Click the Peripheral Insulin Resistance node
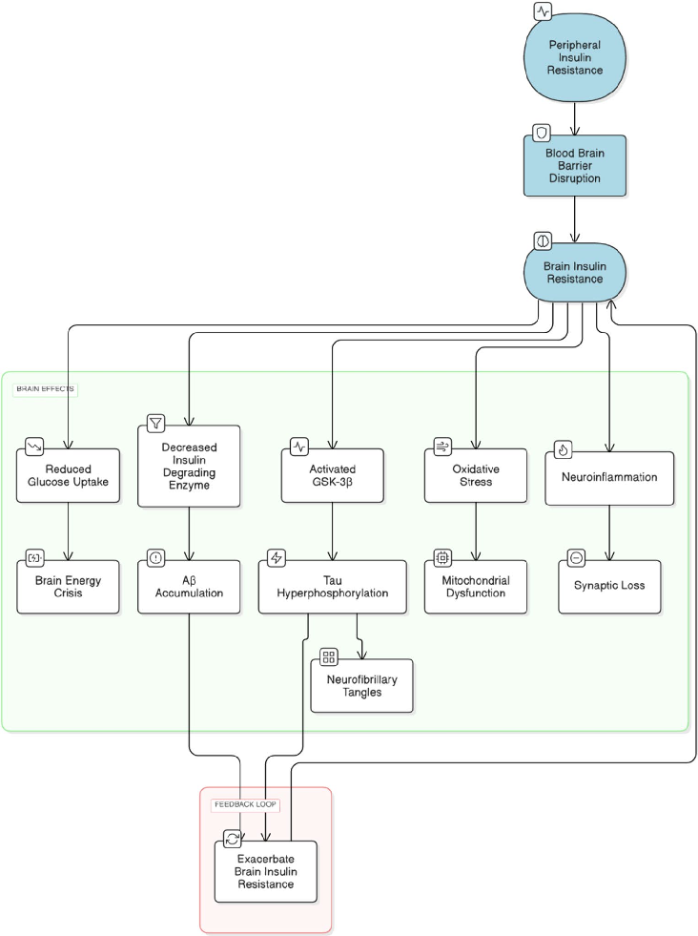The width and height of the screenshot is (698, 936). [x=575, y=58]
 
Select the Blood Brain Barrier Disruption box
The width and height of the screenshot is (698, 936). [x=574, y=165]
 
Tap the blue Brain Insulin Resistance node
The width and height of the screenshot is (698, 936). [x=574, y=272]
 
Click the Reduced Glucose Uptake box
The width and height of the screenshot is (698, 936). [x=68, y=475]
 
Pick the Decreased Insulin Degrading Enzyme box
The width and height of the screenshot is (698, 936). [x=189, y=466]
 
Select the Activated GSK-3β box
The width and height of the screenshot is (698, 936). [x=332, y=475]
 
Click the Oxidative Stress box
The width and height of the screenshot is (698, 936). [x=475, y=475]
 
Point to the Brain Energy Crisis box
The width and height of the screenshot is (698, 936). [x=68, y=586]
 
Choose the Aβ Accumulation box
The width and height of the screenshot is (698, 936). [x=189, y=586]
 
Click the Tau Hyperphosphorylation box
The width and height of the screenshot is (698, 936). [x=332, y=586]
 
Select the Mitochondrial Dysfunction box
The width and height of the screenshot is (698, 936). [x=475, y=586]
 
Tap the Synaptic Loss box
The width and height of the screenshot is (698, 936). [x=608, y=586]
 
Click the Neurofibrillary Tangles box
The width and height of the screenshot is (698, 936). [x=361, y=685]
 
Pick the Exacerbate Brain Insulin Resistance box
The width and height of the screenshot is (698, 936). [x=264, y=870]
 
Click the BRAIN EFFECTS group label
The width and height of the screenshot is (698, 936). [x=45, y=389]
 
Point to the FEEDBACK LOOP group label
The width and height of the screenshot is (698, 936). [x=245, y=804]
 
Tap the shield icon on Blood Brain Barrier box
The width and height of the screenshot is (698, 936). [x=541, y=133]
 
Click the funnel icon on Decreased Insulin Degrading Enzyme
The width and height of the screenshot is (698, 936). [x=155, y=422]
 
